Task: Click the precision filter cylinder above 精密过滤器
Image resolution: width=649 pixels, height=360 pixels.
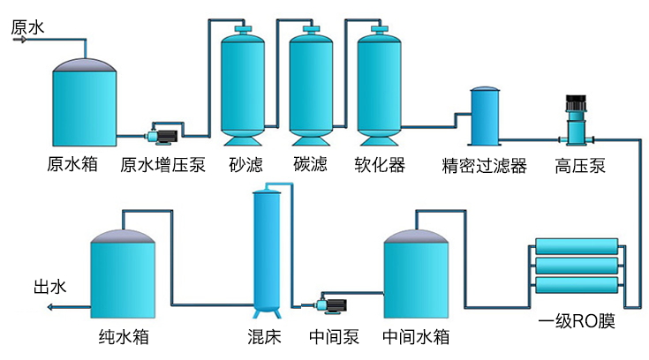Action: pos(484,116)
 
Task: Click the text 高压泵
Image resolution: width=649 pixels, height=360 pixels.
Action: pos(580,165)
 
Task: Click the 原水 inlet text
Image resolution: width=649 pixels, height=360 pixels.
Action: pos(27,27)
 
